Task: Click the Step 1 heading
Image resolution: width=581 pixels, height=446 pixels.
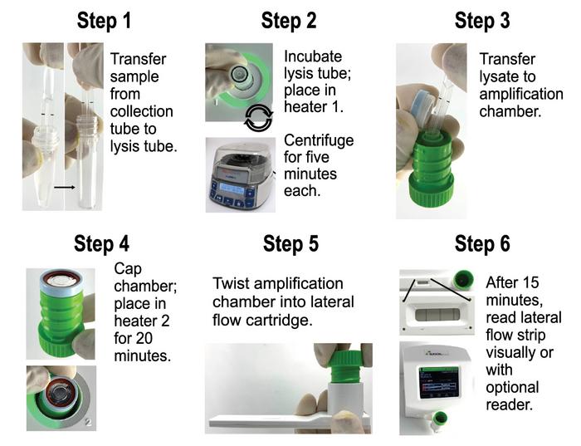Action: (104, 20)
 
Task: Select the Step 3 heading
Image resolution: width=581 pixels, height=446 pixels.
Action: (481, 20)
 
